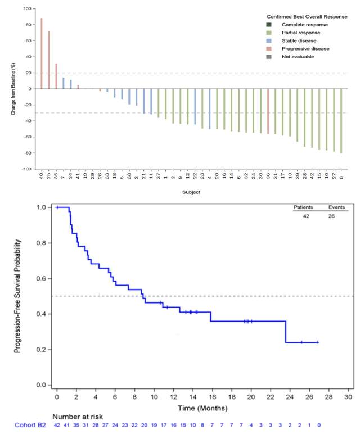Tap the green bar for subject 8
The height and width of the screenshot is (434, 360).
[x=341, y=120]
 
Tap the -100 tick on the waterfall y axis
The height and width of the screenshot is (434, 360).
[x=27, y=169]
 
